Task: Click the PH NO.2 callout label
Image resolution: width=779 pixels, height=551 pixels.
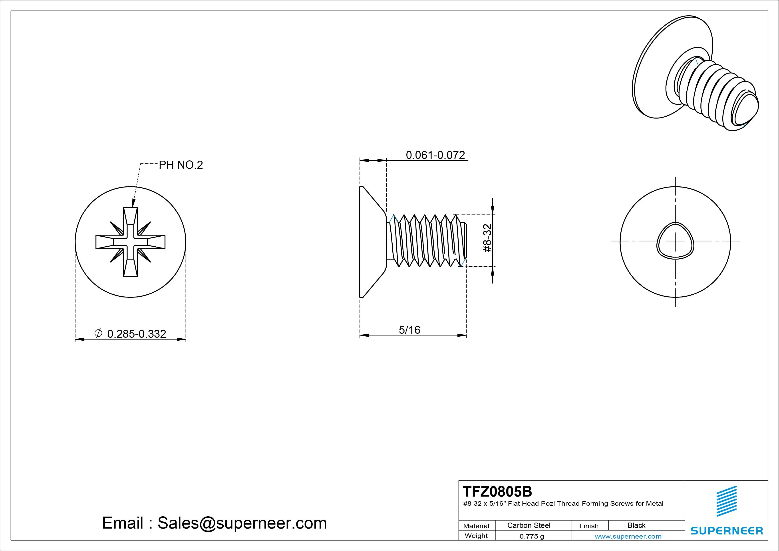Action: (x=181, y=165)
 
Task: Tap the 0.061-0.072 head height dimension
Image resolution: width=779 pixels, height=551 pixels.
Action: (x=435, y=155)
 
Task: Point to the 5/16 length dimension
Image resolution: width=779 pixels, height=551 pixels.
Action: (x=409, y=330)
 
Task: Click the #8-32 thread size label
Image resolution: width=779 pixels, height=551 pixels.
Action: (x=487, y=238)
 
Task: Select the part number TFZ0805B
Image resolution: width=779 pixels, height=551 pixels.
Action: (x=497, y=491)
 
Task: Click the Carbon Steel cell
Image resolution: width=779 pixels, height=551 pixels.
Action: (x=529, y=525)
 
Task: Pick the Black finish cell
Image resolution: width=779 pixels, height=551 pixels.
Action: (x=636, y=525)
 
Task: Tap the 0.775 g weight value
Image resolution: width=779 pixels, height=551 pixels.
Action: (x=532, y=536)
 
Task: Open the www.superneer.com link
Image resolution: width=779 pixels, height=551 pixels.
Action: (x=628, y=536)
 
